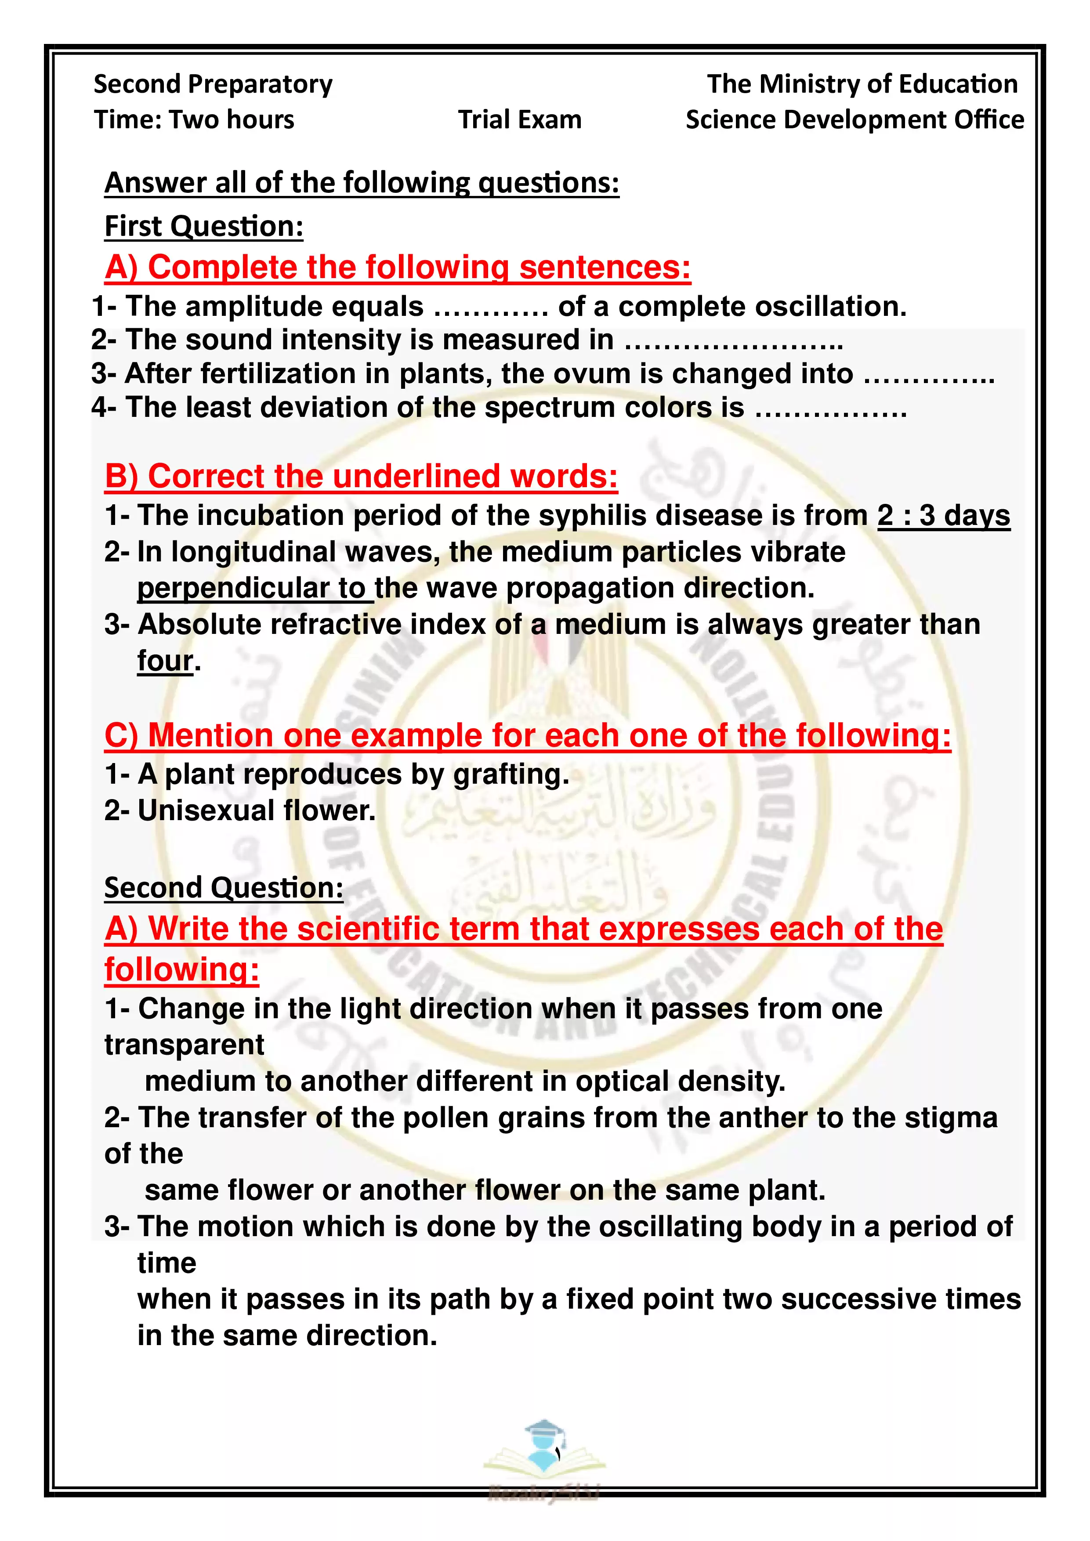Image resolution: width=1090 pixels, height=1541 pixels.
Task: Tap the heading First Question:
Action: coord(204,226)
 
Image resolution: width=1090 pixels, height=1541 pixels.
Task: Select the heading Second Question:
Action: coord(224,887)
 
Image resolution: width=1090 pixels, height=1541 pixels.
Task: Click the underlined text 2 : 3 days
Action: coord(943,515)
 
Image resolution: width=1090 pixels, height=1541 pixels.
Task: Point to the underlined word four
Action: coord(165,660)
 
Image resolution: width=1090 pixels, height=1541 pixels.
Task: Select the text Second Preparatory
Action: coord(213,84)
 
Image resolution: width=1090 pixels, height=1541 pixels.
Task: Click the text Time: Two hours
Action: coord(194,119)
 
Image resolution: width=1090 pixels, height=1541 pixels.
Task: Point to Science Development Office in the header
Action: coord(855,119)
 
